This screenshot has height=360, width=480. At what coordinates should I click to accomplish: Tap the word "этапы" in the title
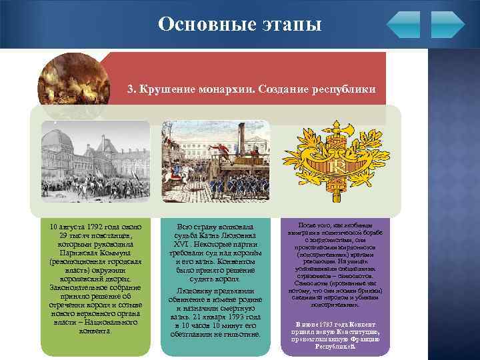[288, 25]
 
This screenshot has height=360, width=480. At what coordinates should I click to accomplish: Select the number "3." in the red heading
[132, 89]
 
